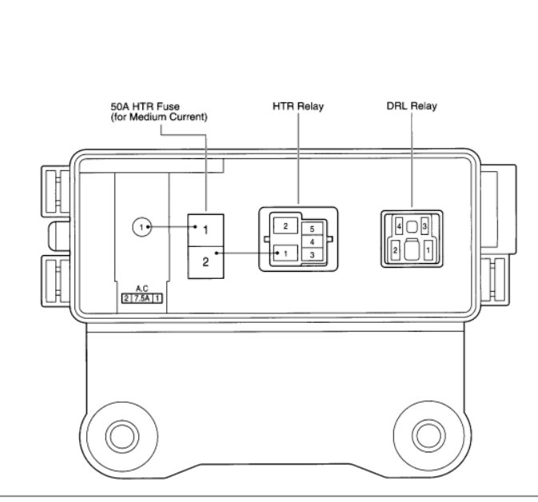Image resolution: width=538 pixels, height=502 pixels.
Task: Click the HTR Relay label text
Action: click(x=298, y=106)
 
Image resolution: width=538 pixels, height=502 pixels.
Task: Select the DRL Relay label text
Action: click(x=412, y=106)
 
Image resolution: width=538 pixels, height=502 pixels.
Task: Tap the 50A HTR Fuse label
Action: click(x=145, y=106)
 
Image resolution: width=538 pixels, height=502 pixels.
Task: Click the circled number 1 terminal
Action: click(x=141, y=227)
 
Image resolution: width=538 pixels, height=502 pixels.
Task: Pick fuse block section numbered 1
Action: click(x=206, y=230)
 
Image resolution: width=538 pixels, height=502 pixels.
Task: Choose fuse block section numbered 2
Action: click(x=206, y=262)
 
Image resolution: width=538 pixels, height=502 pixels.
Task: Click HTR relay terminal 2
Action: click(x=285, y=226)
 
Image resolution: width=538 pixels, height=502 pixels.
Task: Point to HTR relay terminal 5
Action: click(x=313, y=229)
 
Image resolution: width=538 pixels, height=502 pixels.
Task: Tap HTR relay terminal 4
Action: click(x=313, y=242)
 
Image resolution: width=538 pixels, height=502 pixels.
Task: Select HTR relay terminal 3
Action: click(x=313, y=255)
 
